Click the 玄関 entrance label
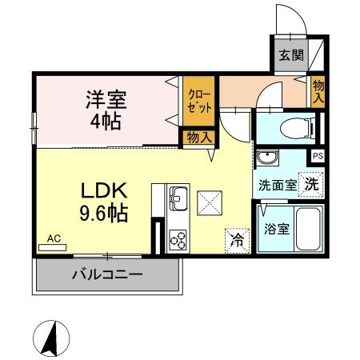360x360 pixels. click(x=290, y=56)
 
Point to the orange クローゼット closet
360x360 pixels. click(x=196, y=102)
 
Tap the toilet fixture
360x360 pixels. click(x=294, y=126)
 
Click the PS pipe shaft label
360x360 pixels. click(x=318, y=156)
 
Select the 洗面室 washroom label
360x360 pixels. click(x=276, y=185)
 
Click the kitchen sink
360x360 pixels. click(x=178, y=197)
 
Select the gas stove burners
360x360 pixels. click(x=178, y=238)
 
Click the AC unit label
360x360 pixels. click(x=53, y=238)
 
